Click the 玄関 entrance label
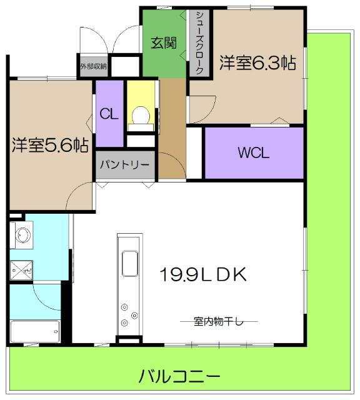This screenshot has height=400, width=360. coord(163,43)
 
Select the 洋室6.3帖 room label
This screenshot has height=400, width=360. coord(257,63)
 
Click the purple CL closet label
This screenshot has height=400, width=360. coord(109,114)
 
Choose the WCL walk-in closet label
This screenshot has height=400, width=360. coord(253,152)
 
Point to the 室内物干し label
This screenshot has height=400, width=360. coord(213,321)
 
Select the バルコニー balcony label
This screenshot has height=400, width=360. coord(179,377)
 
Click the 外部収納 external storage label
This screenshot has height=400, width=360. coord(93,65)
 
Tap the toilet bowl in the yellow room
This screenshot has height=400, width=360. coord(141,116)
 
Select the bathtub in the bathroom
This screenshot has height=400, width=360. coord(34,331)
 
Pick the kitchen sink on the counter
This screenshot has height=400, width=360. coord(131,263)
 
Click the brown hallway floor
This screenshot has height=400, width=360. coord(171,125)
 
